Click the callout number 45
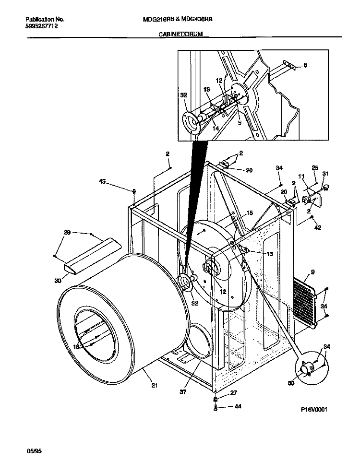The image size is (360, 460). click(102, 181)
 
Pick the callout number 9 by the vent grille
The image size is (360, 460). click(312, 272)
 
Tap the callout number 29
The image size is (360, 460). click(67, 233)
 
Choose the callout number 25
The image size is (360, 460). click(315, 167)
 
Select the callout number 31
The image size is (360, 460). click(325, 174)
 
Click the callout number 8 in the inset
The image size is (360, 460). click(305, 66)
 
